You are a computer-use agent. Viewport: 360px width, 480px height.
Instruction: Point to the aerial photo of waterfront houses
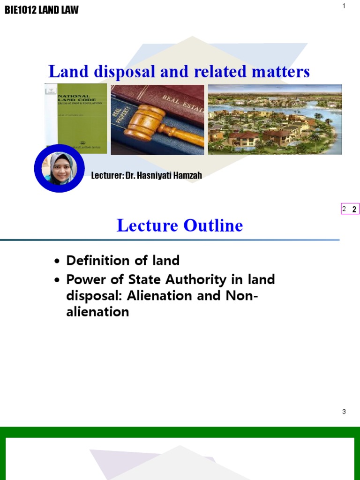[275, 119]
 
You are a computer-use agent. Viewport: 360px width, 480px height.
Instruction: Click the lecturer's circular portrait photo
[60, 168]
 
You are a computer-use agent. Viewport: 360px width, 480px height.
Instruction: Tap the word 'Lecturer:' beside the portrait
[107, 176]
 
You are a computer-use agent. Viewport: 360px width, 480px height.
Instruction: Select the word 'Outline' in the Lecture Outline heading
[213, 225]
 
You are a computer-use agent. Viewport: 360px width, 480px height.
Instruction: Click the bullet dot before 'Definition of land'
[57, 262]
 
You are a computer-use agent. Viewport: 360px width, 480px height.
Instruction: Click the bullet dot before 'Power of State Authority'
[57, 281]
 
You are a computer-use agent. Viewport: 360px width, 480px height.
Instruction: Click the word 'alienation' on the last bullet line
[97, 312]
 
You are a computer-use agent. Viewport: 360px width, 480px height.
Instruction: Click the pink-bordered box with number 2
[350, 209]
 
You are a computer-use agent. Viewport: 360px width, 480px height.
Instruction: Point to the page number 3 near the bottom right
[344, 412]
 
